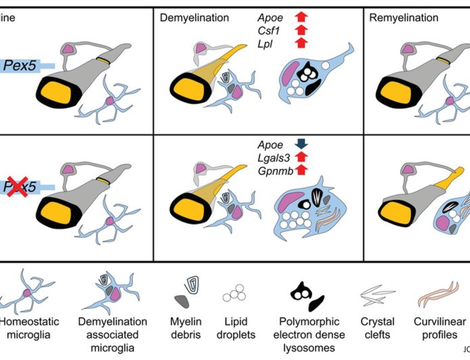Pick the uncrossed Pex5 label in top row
(x=20, y=65)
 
